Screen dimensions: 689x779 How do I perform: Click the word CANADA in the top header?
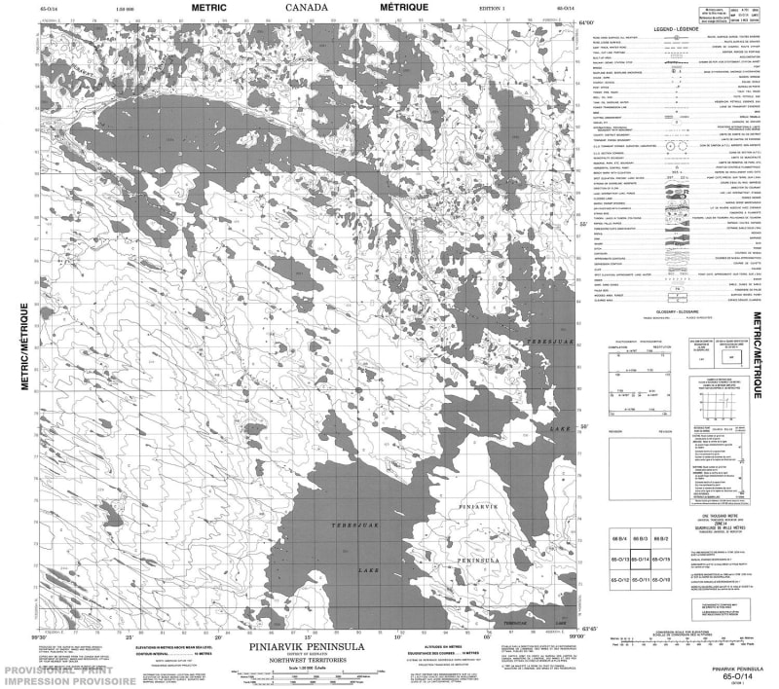[x=306, y=7]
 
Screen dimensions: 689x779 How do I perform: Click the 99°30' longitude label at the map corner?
[x=39, y=636]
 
